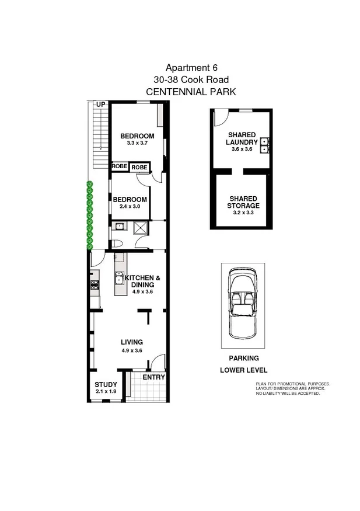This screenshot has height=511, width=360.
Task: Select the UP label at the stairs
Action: tap(100, 105)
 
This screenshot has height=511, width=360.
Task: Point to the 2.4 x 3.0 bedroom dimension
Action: tap(130, 207)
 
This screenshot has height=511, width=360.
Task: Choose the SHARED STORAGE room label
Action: tap(244, 202)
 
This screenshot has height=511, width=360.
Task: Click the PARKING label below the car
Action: tap(243, 359)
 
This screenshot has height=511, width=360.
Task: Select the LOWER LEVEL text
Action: tap(243, 370)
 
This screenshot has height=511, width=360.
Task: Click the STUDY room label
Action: tap(106, 384)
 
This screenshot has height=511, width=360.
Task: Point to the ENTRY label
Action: tap(154, 377)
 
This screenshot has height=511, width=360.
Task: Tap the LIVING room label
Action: tap(132, 342)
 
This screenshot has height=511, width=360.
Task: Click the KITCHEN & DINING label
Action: tap(139, 281)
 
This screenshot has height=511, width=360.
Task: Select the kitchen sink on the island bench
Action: tap(119, 277)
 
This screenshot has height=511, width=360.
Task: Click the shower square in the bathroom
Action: tap(142, 228)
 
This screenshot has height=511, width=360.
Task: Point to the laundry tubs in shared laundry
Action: tap(264, 145)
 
